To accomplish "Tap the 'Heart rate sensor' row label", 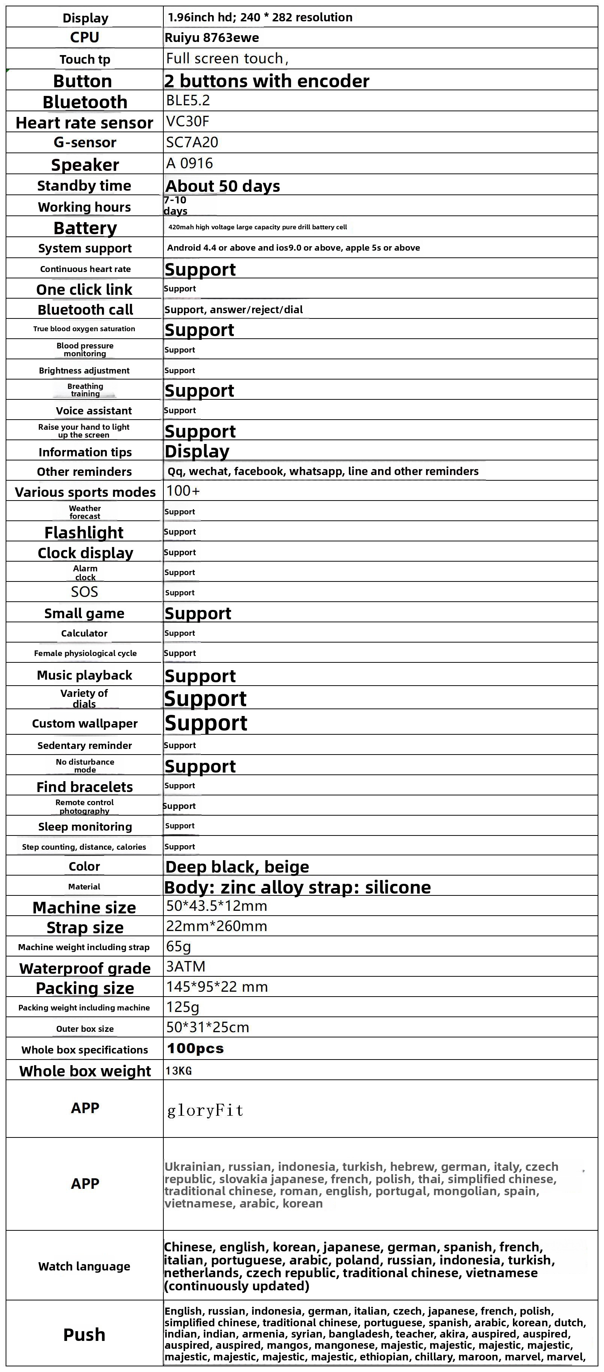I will pos(84,123).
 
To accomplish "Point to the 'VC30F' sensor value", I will pos(187,121).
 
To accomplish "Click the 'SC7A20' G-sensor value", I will pos(192,142).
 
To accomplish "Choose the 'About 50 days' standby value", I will pos(223,186).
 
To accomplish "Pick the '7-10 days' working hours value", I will pos(175,206).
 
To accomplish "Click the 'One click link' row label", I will pos(84,290).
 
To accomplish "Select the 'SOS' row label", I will pos(84,592).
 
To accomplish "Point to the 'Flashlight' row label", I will pos(84,533).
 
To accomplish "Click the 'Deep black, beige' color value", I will pos(237,867).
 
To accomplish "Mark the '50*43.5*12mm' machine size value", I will pos(216,906).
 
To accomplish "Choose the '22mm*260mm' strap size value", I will pos(216,926).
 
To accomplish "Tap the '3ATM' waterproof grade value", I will pos(185,967).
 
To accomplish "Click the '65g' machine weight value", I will pos(178,946).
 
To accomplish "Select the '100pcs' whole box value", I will pos(195,1048).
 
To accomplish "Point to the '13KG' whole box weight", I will pos(178,1070).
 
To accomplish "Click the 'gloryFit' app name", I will pos(205,1110).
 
